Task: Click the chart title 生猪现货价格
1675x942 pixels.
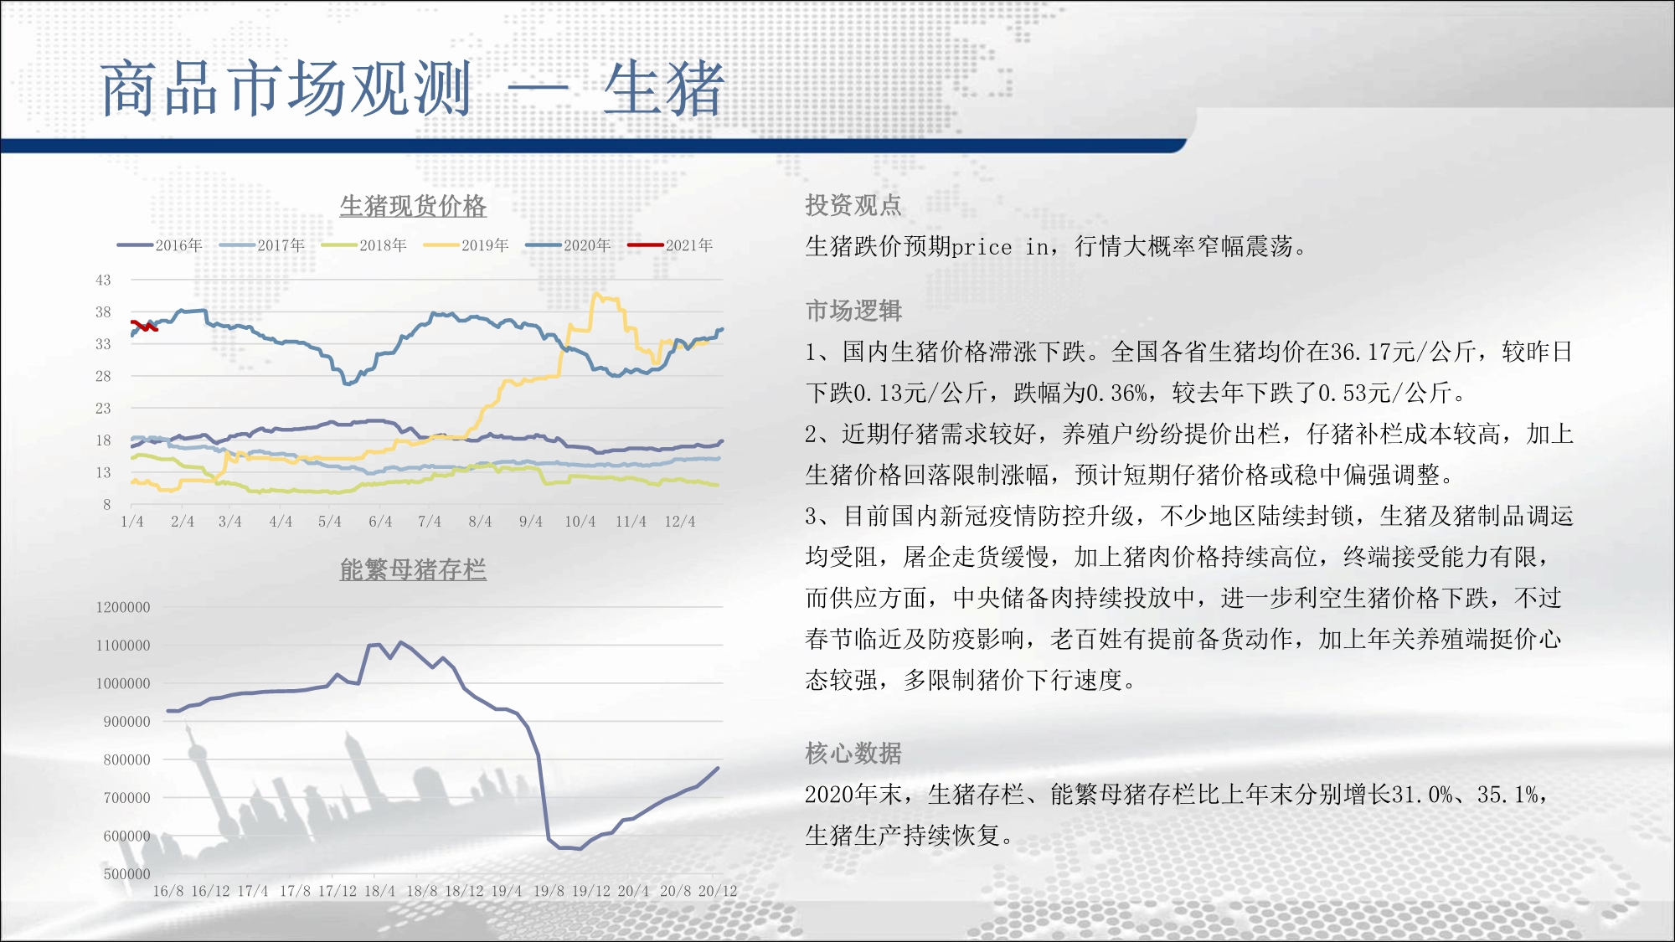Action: (413, 206)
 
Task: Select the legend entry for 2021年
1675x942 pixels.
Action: (670, 245)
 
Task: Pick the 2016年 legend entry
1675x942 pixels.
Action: (159, 245)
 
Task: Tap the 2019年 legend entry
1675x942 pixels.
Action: (466, 245)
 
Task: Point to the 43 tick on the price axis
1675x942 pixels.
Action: (103, 281)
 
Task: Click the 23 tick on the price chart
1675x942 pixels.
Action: (103, 409)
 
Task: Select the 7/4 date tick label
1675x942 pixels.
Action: (430, 522)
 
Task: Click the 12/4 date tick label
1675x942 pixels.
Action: (680, 522)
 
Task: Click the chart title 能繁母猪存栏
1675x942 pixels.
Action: (413, 569)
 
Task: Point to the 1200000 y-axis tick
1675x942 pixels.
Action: (123, 607)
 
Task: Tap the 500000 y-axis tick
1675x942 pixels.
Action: (126, 874)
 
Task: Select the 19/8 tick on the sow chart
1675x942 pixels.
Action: (549, 891)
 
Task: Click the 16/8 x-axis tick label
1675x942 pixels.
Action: (168, 891)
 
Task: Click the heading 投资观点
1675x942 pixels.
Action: (853, 205)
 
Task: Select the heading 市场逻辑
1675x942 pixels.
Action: (853, 311)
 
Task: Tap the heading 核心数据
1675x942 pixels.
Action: (853, 754)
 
